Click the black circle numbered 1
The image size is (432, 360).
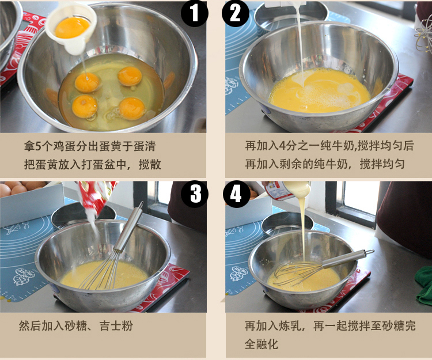[x=194, y=13]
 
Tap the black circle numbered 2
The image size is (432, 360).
[x=235, y=13]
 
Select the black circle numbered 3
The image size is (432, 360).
[x=194, y=194]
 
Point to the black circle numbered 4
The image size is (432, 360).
[x=236, y=194]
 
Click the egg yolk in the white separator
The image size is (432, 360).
[x=72, y=27]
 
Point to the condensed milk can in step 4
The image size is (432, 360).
[x=286, y=190]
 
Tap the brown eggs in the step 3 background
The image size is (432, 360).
[x=22, y=187]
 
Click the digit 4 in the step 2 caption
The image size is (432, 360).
[x=282, y=145]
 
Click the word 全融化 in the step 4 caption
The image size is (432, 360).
[x=262, y=344]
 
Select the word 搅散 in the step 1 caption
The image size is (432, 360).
[x=150, y=164]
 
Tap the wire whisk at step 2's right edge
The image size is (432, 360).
[x=424, y=39]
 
